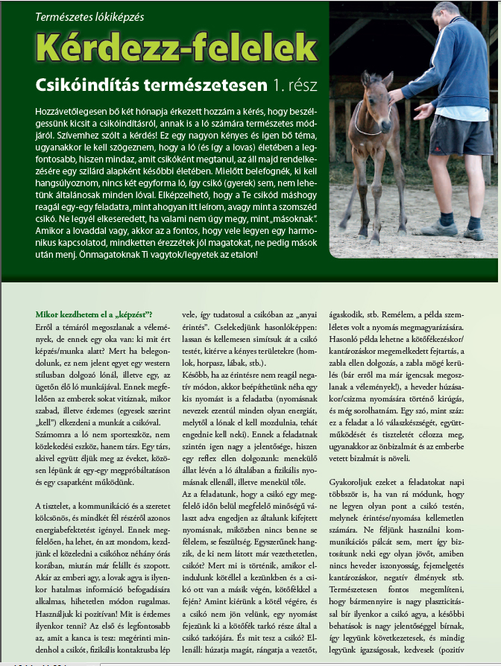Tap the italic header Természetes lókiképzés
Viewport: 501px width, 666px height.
[x=90, y=16]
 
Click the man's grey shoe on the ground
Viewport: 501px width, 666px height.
[x=441, y=226]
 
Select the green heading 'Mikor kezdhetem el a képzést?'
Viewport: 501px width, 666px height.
[x=94, y=314]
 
